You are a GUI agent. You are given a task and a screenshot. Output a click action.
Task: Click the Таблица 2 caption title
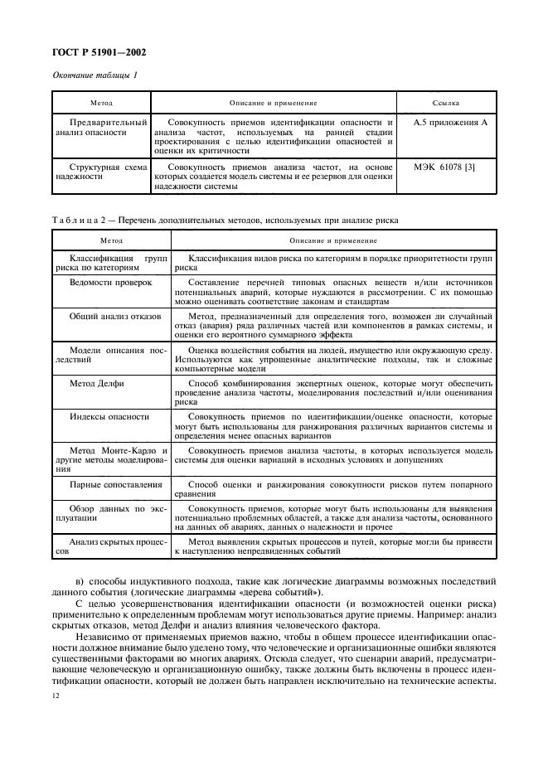point(226,221)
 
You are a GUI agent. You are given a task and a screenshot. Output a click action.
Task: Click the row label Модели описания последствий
point(102,355)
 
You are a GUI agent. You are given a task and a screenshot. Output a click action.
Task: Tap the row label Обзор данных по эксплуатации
point(102,512)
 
